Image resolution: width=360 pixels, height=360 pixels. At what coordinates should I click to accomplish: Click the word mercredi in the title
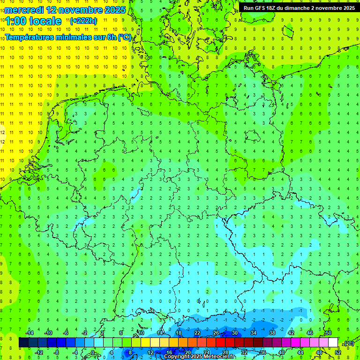(x=25, y=10)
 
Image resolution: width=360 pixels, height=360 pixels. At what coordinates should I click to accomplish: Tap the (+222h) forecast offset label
(x=83, y=21)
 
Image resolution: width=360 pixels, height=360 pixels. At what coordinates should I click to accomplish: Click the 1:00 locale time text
(x=34, y=21)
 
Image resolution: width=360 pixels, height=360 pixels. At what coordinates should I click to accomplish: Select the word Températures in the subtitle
(x=31, y=37)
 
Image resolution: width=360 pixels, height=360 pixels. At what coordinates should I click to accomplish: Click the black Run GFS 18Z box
(x=299, y=7)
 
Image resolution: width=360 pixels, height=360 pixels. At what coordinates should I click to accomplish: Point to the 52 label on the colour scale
(x=338, y=352)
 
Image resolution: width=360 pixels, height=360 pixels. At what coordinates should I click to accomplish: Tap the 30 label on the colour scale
(x=235, y=333)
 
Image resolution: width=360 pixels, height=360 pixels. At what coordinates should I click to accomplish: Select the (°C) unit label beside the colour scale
(x=348, y=343)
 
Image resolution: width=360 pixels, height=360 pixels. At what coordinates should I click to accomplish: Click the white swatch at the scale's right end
(x=333, y=343)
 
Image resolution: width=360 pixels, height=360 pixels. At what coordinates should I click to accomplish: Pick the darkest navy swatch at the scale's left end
(x=23, y=343)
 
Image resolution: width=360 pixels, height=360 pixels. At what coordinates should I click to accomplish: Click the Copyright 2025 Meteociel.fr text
(x=199, y=357)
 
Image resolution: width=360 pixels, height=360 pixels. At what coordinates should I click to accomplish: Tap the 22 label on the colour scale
(x=197, y=333)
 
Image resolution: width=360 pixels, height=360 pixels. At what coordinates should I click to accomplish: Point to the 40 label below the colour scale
(x=282, y=352)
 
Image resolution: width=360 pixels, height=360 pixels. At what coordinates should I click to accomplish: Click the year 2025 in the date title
(x=115, y=10)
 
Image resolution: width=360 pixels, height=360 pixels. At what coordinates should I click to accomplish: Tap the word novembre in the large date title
(x=83, y=10)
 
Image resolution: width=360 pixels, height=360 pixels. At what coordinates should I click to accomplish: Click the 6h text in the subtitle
(x=112, y=37)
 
